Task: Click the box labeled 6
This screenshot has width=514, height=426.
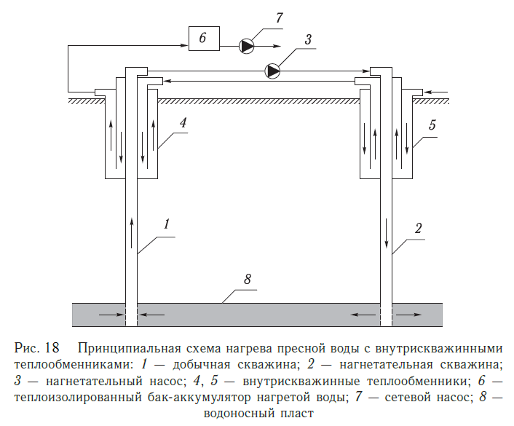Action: [x=203, y=39]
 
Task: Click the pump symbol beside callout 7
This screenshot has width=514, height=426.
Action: [x=248, y=46]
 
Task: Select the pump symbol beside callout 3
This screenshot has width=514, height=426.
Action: [x=273, y=71]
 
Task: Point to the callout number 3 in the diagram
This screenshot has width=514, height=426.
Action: [x=309, y=41]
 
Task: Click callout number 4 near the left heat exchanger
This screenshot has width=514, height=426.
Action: [x=183, y=122]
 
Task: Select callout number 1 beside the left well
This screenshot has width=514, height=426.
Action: [x=167, y=224]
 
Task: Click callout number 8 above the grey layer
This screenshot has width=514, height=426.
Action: [x=248, y=277]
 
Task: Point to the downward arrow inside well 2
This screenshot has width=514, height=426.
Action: [x=386, y=232]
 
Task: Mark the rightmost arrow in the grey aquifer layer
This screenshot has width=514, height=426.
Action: [x=409, y=315]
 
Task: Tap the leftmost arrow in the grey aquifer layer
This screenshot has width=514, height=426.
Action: [x=106, y=315]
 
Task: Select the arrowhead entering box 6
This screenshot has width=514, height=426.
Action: [x=182, y=46]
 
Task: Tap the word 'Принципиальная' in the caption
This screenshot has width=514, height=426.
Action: [x=124, y=347]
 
